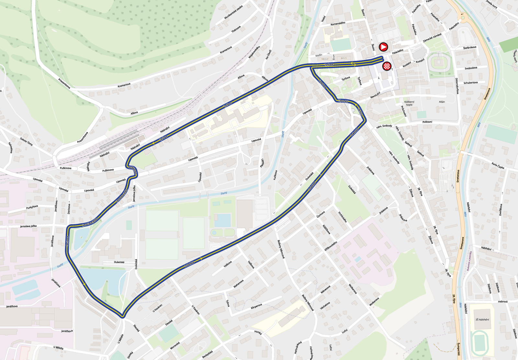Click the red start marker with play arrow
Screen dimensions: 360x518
point(383,47)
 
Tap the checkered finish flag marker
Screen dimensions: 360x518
point(387,66)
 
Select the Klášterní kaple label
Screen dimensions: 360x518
point(409,103)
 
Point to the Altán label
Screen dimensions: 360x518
point(442,102)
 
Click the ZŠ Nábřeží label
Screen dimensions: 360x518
point(482,319)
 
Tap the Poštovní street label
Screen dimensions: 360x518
point(427,122)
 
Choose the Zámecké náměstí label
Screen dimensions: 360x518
point(432,38)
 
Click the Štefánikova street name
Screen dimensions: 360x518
point(470,48)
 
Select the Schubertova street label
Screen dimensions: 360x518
point(470,83)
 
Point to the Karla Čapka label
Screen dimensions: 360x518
point(498,165)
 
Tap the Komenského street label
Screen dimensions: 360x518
point(338,23)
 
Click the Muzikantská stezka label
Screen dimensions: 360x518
point(234,12)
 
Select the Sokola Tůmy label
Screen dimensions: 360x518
point(27,142)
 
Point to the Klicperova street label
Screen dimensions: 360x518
point(256,307)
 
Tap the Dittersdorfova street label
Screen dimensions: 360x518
point(457,86)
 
